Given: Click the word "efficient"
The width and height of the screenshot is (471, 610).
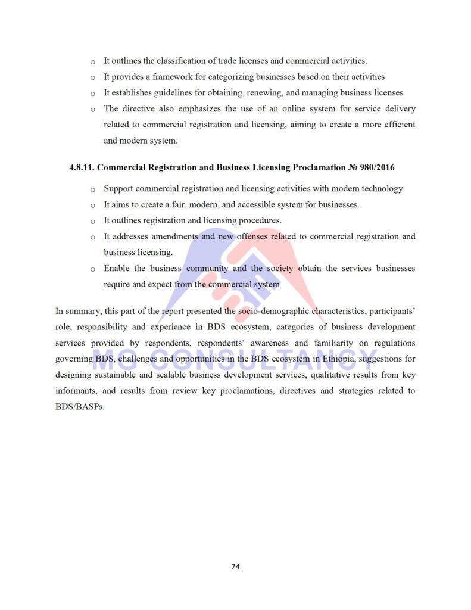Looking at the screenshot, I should tap(396, 125).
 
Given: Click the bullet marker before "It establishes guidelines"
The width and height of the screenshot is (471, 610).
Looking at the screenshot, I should tap(92, 94).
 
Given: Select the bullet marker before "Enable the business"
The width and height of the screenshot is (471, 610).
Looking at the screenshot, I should tap(92, 269).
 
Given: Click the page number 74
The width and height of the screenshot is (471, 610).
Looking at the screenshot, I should tap(235, 567).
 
